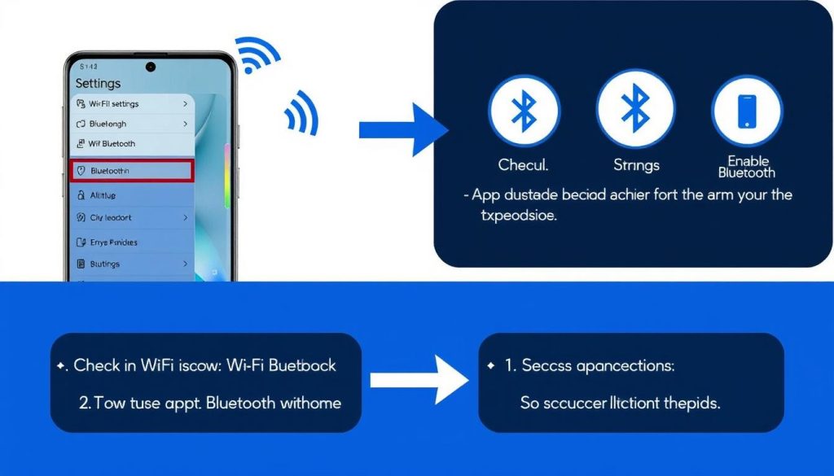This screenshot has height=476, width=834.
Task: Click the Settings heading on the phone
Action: point(98,83)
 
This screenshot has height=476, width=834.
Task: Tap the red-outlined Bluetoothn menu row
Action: point(132,171)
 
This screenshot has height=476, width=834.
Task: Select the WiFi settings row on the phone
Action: point(132,104)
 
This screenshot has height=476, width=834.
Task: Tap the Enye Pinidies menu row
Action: point(132,242)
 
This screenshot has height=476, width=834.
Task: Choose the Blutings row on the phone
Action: point(132,264)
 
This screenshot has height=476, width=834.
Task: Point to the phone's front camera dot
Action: point(150,67)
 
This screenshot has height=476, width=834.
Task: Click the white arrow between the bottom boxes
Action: point(418,379)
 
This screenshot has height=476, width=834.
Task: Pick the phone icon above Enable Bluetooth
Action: point(747,111)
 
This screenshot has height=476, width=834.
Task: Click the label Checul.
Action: point(524,165)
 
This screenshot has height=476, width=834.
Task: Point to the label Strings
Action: point(636,165)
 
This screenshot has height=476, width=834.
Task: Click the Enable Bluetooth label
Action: point(747,167)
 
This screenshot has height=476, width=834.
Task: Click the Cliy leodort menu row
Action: point(132,218)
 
